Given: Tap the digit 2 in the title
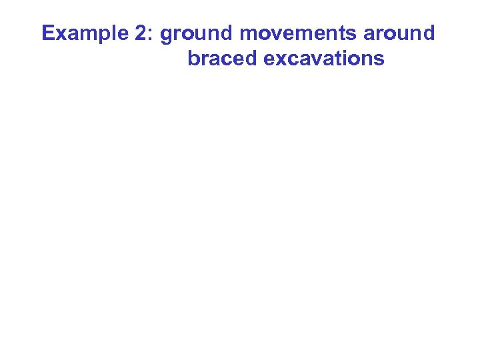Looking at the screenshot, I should pos(143,33).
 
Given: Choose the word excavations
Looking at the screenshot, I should pos(325,59).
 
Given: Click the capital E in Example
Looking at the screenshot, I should pos(47,33).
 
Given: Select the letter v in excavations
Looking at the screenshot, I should pos(315,60).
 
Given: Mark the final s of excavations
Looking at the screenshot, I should pos(379,60).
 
